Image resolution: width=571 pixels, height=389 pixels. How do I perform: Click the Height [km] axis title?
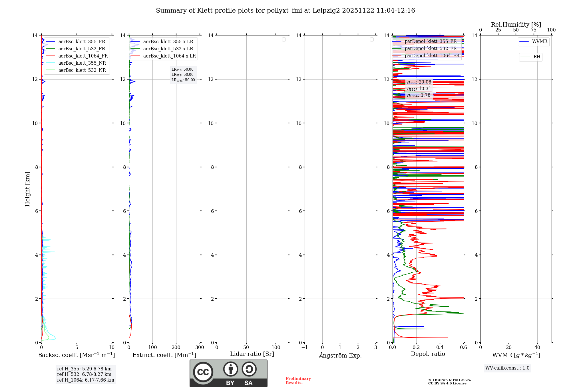pyautogui.click(x=27, y=189)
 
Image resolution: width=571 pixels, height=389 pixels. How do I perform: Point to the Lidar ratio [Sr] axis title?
pyautogui.click(x=252, y=354)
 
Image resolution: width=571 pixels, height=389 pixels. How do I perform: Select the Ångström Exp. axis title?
pyautogui.click(x=340, y=355)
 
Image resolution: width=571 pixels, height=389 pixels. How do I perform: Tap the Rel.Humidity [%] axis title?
pyautogui.click(x=516, y=25)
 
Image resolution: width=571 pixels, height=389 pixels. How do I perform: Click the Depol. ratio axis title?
pyautogui.click(x=428, y=354)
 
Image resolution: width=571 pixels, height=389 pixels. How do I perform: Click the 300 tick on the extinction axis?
pyautogui.click(x=200, y=348)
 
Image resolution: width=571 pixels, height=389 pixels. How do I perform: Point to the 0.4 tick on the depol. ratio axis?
pyautogui.click(x=440, y=348)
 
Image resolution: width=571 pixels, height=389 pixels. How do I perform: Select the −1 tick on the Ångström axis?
pyautogui.click(x=305, y=348)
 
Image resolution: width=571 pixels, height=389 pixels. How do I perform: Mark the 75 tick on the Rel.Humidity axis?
pyautogui.click(x=534, y=30)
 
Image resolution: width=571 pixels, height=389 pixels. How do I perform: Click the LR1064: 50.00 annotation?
pyautogui.click(x=183, y=80)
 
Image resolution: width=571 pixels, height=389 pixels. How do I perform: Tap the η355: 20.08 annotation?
pyautogui.click(x=419, y=82)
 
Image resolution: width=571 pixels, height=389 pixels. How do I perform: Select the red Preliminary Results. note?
pyautogui.click(x=298, y=381)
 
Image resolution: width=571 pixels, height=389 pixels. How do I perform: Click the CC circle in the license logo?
pyautogui.click(x=203, y=372)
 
